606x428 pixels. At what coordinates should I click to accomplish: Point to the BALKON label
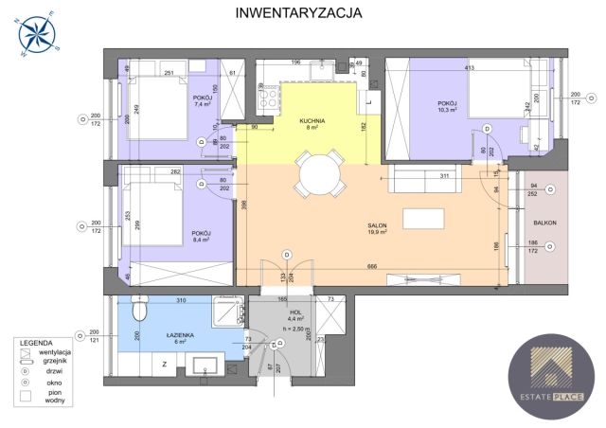544,223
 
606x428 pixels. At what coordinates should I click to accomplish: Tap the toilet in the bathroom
140,309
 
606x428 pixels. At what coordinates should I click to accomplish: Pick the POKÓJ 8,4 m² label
201,237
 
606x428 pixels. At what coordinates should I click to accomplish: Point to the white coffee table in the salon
421,218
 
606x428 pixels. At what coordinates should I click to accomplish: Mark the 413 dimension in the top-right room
468,68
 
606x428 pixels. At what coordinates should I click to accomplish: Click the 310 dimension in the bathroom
180,300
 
